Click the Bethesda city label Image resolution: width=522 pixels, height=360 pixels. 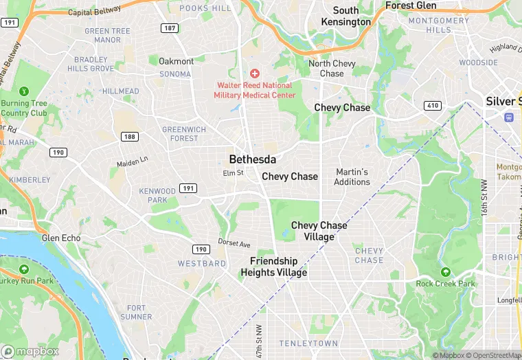coord(252,159)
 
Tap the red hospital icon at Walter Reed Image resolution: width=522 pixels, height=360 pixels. coord(255,73)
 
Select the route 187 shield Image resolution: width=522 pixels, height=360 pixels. coord(169,28)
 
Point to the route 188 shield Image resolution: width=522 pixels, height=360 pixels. coord(128,137)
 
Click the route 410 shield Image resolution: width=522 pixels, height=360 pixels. coord(433,105)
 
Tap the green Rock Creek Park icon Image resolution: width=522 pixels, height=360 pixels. coord(445,273)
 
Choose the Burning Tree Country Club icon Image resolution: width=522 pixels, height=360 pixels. coord(24,91)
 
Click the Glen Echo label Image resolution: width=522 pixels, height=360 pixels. coord(61,238)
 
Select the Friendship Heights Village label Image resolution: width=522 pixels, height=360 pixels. coord(273,267)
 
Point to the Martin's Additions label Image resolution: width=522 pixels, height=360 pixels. coord(352,177)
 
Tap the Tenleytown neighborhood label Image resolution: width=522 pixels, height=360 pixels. coord(308,343)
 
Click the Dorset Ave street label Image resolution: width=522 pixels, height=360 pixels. coord(234,243)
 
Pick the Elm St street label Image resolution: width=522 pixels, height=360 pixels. coord(233,173)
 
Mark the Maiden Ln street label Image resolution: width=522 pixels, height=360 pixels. coord(132,162)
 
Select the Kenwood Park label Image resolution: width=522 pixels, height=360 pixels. coord(157,195)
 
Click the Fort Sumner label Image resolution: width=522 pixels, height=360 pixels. coord(136,312)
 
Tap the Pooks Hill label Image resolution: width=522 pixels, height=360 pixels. coord(205,8)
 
